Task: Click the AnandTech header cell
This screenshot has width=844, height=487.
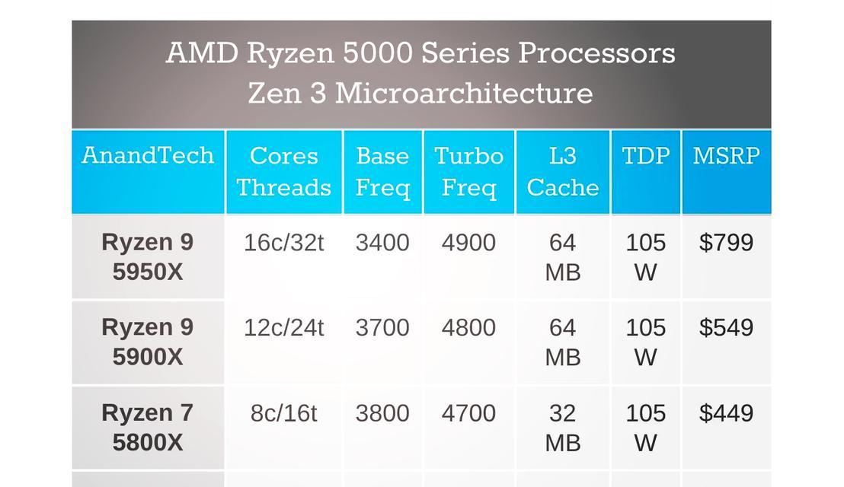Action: (x=148, y=156)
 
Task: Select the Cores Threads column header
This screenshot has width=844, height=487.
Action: (x=283, y=171)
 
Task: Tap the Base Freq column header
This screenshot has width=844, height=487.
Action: (x=382, y=171)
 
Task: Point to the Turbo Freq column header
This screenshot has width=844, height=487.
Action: (x=468, y=171)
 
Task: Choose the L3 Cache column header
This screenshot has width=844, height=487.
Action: (x=562, y=171)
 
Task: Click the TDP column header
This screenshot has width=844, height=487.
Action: (x=645, y=156)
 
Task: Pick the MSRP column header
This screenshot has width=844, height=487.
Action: (x=726, y=156)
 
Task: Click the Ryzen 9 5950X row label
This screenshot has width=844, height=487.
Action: (x=148, y=256)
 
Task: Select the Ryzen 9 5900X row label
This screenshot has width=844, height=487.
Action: (x=148, y=342)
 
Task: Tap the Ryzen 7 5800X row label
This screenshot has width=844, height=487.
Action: (x=148, y=427)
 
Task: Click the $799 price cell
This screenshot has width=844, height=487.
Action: (x=726, y=243)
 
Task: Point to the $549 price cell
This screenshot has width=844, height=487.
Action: (x=726, y=328)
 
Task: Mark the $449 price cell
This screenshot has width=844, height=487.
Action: (x=726, y=413)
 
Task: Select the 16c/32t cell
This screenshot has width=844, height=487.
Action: (x=283, y=243)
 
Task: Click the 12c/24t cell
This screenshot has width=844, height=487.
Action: (x=283, y=328)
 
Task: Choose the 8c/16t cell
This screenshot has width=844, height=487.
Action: (x=283, y=413)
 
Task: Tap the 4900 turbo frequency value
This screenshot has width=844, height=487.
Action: (x=468, y=243)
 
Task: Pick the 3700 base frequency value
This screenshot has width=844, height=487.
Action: (x=382, y=328)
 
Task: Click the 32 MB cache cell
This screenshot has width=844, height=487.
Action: (x=562, y=427)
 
